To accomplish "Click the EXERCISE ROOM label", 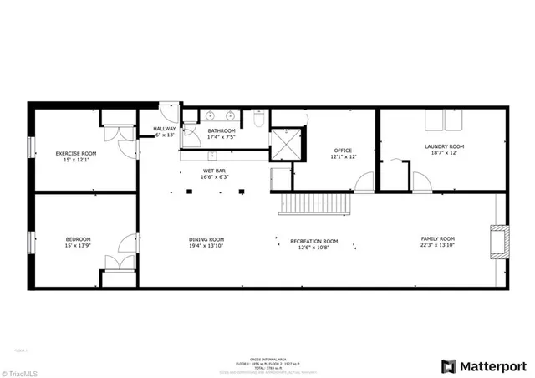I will coord(76,153).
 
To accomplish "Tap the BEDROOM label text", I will coord(78,240).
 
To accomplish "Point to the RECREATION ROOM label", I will coord(313,241).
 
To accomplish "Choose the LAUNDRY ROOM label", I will coord(444,146).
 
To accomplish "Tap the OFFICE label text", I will coord(343,150).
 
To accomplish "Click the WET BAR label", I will coord(214,171).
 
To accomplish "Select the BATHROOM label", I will coord(222,130).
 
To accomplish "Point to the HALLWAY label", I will coord(165,128).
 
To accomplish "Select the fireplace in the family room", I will coord(498,241).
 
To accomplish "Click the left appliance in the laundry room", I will coord(434,122).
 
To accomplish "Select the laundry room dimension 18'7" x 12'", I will coord(444,153).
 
